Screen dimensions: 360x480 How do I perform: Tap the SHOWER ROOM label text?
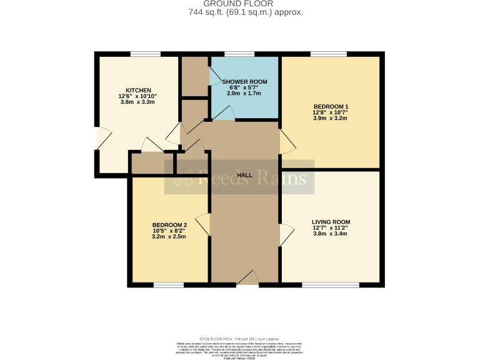point(244,82)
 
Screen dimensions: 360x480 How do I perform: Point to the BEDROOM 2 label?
point(169,225)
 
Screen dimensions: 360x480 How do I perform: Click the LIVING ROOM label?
point(331,222)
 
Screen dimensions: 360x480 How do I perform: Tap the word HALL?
point(245,176)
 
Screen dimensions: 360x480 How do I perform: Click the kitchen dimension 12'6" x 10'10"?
point(137,96)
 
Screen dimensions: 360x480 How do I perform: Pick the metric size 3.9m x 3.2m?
point(331,118)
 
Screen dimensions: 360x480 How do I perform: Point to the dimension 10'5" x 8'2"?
point(169,231)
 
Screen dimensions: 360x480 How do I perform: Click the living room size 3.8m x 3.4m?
point(331,234)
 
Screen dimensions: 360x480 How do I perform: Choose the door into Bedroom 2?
point(202,225)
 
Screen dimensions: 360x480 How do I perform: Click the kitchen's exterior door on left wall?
point(102,139)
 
